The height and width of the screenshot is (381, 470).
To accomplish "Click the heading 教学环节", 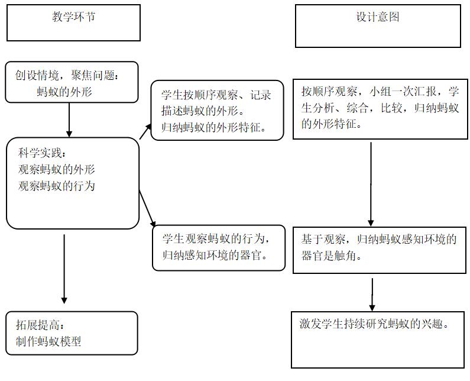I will click(73, 17).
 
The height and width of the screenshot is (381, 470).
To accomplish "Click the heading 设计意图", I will click(378, 17).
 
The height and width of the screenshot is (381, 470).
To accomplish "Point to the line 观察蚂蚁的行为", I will click(57, 186).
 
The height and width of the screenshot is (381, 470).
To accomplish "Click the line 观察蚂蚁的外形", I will click(57, 169).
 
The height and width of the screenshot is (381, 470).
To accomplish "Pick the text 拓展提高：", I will click(39, 325).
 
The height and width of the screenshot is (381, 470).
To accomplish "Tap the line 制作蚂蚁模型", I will click(48, 341).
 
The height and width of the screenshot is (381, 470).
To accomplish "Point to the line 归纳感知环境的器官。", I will click(216, 256).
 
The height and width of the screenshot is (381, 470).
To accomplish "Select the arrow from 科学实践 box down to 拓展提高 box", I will click(64, 269).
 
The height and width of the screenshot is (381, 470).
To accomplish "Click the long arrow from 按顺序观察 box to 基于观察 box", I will click(371, 183).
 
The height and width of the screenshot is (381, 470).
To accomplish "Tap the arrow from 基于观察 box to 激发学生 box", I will click(372, 294).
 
